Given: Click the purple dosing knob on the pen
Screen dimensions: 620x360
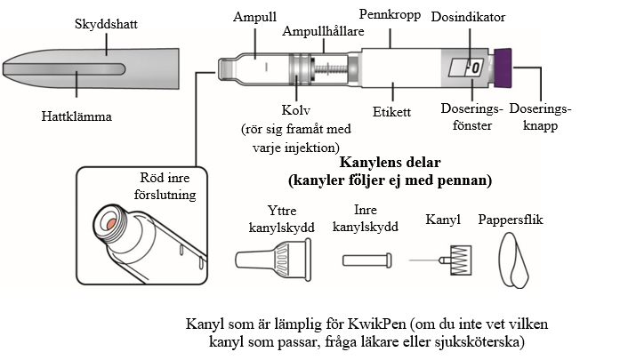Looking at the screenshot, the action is click(x=503, y=68).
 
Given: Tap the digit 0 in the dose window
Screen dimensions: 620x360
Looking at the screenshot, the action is click(x=476, y=68).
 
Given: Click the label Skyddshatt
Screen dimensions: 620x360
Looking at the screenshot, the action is click(x=106, y=24).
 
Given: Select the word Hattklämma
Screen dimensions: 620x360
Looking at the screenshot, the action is click(x=76, y=116).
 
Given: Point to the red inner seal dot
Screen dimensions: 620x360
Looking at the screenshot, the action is click(x=111, y=223).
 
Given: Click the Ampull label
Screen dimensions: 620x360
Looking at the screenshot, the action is click(x=254, y=17).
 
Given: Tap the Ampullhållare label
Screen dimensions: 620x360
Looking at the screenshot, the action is click(x=323, y=31).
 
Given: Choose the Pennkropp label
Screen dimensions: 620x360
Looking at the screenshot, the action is click(x=390, y=15).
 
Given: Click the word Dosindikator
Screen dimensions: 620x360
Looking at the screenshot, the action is click(x=468, y=17).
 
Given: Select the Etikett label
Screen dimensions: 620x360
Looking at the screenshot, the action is click(x=392, y=112).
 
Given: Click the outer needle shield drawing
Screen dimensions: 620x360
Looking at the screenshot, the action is click(x=273, y=260).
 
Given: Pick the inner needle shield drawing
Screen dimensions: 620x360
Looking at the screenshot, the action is click(x=367, y=260).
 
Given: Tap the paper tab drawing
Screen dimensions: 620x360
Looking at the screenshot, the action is click(x=513, y=260).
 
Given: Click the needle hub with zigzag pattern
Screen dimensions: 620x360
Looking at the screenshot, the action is click(x=461, y=260).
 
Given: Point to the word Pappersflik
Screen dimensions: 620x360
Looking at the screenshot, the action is click(x=511, y=220).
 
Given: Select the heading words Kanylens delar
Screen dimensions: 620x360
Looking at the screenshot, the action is click(x=390, y=162).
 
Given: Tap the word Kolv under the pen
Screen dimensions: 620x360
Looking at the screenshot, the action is click(x=295, y=110).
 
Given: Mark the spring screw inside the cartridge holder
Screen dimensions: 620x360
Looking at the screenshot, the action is click(x=331, y=69).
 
